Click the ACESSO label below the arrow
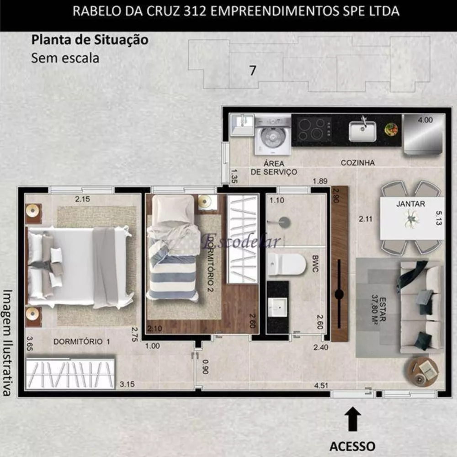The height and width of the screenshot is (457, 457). coord(352,446)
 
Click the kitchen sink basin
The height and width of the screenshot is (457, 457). coord(362,131)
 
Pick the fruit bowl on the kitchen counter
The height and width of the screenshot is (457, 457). coord(391,129)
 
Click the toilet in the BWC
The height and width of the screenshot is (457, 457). coord(287,264)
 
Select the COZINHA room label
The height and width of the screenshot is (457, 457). coord(357,163)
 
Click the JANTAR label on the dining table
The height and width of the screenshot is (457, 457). coord(411,204)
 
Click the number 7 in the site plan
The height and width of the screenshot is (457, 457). coord(252,71)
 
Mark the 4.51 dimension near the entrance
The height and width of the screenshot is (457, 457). coord(321,385)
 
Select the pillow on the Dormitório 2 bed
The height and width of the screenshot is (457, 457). coord(173,208)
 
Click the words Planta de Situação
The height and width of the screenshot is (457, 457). coord(90,40)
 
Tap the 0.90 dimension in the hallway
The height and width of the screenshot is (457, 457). coord(206,367)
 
